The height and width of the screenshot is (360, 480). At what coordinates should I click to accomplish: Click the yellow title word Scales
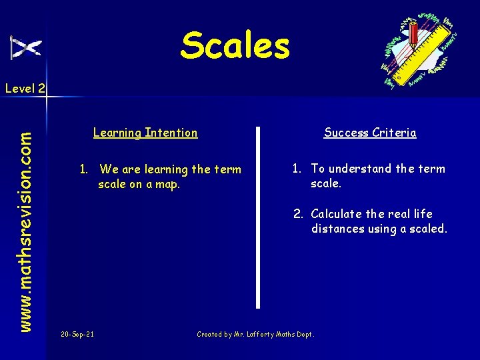pyautogui.click(x=235, y=45)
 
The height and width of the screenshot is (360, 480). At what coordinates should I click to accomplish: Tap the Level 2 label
pyautogui.click(x=25, y=88)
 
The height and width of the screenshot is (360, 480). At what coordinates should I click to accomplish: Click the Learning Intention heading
pyautogui.click(x=145, y=133)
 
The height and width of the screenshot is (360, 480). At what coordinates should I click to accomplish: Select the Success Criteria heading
pyautogui.click(x=370, y=133)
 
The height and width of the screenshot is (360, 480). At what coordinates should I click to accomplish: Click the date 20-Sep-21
pyautogui.click(x=77, y=334)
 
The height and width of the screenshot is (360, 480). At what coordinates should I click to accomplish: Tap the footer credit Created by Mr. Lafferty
pyautogui.click(x=255, y=334)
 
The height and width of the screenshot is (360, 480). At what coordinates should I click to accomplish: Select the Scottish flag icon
pyautogui.click(x=26, y=47)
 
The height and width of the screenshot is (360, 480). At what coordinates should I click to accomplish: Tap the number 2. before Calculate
pyautogui.click(x=298, y=214)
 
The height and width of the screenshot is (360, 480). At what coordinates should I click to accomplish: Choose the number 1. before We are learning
pyautogui.click(x=84, y=169)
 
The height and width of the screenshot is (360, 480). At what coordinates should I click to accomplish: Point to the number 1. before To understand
pyautogui.click(x=297, y=169)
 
